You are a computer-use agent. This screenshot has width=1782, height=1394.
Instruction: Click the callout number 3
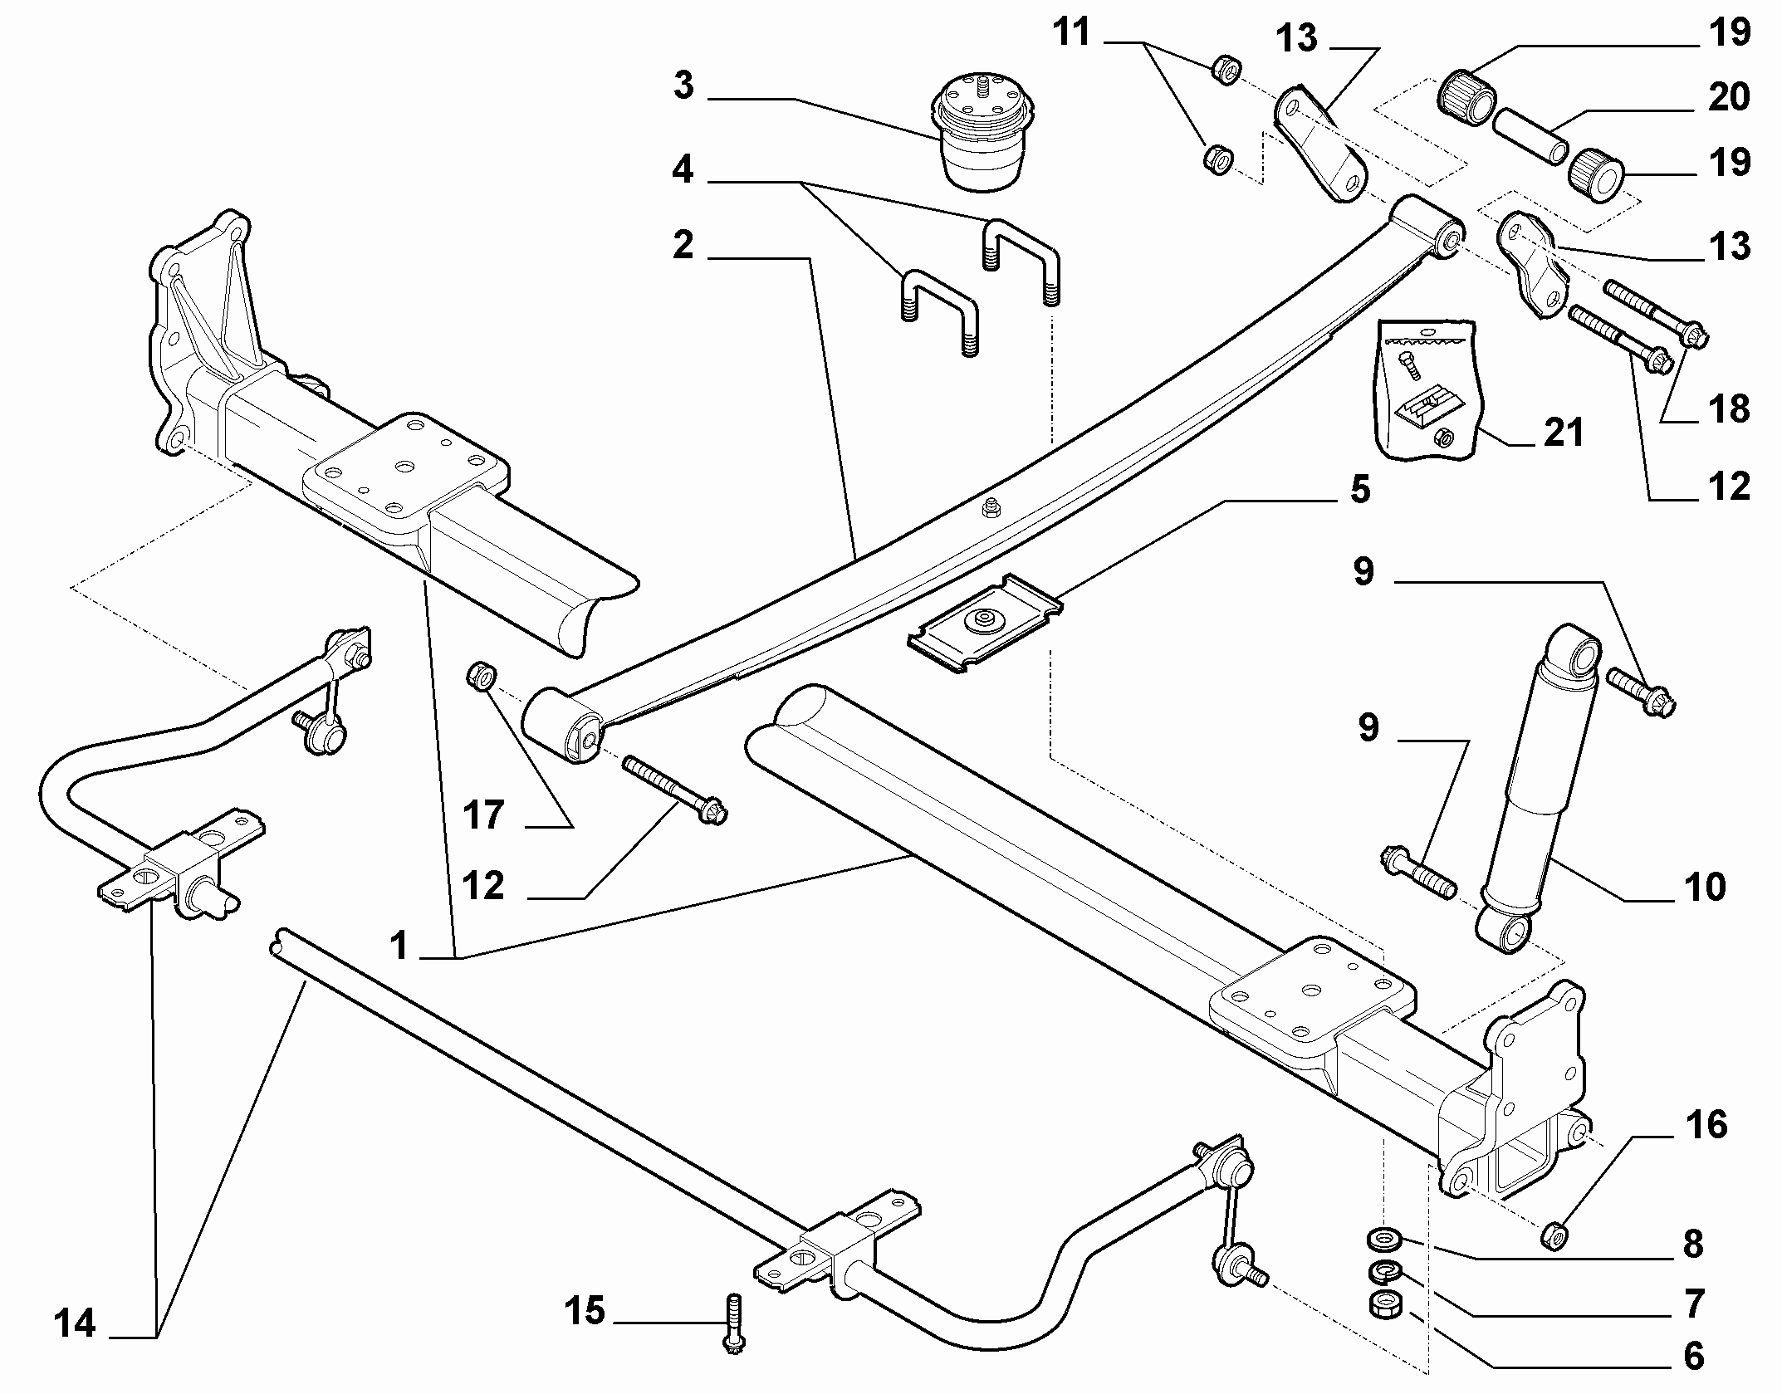pyautogui.click(x=683, y=86)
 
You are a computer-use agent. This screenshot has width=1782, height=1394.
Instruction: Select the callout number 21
pyautogui.click(x=1564, y=433)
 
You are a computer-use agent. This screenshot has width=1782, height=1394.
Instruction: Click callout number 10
pyautogui.click(x=1705, y=887)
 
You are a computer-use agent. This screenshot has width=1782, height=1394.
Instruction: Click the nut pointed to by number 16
pyautogui.click(x=1554, y=1259)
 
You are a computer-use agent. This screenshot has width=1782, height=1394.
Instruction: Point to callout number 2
pyautogui.click(x=683, y=246)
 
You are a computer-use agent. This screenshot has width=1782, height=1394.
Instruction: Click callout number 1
pyautogui.click(x=399, y=946)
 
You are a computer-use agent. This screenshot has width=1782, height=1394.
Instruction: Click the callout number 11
pyautogui.click(x=1071, y=33)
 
